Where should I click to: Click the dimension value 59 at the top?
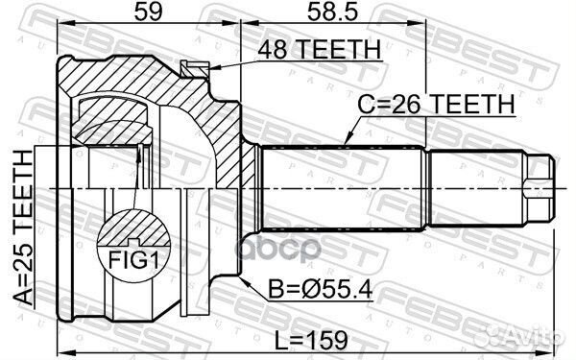(x=135, y=14)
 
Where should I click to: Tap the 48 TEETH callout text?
(x=310, y=51)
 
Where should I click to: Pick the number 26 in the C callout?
(x=409, y=105)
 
